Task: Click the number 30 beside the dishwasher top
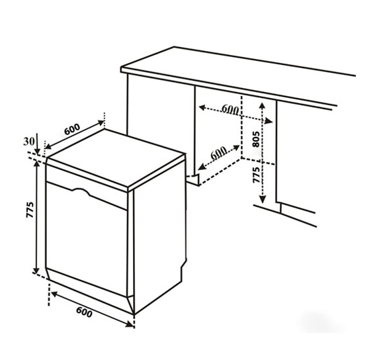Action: [x=28, y=142]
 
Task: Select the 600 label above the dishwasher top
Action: [x=72, y=129]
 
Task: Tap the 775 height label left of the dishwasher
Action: [x=30, y=210]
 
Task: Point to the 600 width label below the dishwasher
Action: [x=84, y=312]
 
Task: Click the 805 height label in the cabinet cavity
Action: [x=257, y=139]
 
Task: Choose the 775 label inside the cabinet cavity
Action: [x=257, y=175]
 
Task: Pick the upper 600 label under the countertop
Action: [x=230, y=109]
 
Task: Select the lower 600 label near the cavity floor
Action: [x=218, y=154]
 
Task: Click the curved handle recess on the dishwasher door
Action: [x=81, y=191]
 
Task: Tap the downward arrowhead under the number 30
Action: [x=37, y=152]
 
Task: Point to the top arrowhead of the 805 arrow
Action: [x=262, y=105]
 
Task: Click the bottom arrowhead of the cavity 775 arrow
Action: [x=263, y=199]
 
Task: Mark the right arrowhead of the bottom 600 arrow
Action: [x=130, y=325]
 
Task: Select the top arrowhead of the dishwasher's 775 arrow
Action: [x=36, y=163]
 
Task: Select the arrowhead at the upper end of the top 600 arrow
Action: [x=101, y=123]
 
